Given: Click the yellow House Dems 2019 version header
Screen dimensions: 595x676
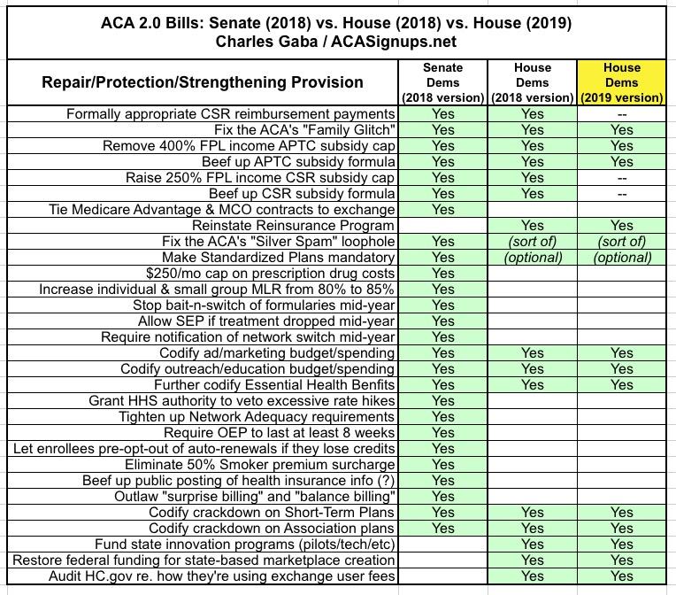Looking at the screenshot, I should click(622, 81).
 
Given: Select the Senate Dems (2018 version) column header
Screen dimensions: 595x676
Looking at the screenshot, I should click(443, 81).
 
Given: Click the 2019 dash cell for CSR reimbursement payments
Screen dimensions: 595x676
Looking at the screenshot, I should click(622, 114).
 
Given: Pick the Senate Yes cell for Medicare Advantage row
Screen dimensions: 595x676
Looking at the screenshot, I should click(443, 210).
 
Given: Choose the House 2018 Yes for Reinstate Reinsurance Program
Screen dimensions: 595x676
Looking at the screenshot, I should click(533, 226).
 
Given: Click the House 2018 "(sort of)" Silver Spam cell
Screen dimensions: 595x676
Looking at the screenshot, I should click(533, 242).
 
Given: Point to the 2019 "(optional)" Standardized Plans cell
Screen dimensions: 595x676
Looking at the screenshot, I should click(622, 258).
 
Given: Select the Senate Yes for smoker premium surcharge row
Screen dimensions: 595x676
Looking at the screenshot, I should click(443, 465).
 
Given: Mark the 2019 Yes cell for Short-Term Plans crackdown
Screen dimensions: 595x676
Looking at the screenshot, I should click(622, 513).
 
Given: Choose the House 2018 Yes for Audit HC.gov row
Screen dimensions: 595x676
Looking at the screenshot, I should click(533, 576).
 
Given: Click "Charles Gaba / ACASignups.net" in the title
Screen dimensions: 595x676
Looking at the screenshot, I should click(338, 40).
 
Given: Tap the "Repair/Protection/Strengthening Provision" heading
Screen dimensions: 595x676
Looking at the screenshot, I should click(203, 82).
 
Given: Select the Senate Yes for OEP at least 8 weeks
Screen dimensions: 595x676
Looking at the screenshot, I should click(443, 433).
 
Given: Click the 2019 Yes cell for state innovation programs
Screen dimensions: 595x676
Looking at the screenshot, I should click(622, 545).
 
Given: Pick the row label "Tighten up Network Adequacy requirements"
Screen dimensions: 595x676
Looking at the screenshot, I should click(257, 417).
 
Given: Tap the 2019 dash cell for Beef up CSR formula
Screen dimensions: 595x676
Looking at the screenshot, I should click(622, 194).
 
